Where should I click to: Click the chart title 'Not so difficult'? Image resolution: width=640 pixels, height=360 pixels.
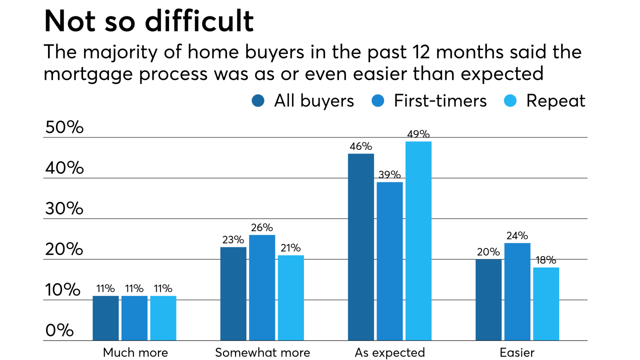click(148, 21)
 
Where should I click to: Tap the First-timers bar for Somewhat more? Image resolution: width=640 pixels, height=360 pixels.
click(262, 287)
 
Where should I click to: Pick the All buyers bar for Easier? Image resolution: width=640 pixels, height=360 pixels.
click(488, 300)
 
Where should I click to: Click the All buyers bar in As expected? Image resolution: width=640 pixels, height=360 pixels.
click(361, 247)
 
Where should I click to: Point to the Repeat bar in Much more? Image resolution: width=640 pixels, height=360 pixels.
click(163, 318)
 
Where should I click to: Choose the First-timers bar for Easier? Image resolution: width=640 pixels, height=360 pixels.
click(517, 291)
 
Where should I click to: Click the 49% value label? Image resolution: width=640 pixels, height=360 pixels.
click(418, 134)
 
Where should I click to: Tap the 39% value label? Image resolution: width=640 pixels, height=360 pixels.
click(389, 174)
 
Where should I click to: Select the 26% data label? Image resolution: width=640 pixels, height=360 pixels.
click(262, 227)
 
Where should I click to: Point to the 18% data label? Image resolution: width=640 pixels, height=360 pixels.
click(546, 260)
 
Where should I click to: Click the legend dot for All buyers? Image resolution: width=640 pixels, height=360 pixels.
click(258, 101)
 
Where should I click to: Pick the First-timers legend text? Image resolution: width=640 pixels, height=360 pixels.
click(440, 101)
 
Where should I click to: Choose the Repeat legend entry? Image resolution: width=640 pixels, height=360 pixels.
click(555, 101)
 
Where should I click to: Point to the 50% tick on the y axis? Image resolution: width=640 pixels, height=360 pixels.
click(64, 127)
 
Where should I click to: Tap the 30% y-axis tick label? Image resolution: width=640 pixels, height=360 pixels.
click(64, 208)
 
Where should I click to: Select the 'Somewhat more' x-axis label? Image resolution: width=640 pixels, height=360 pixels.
click(262, 352)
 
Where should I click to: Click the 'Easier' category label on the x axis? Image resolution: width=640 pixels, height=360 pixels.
click(517, 352)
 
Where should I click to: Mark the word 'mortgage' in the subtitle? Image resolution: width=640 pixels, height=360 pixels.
click(94, 74)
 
